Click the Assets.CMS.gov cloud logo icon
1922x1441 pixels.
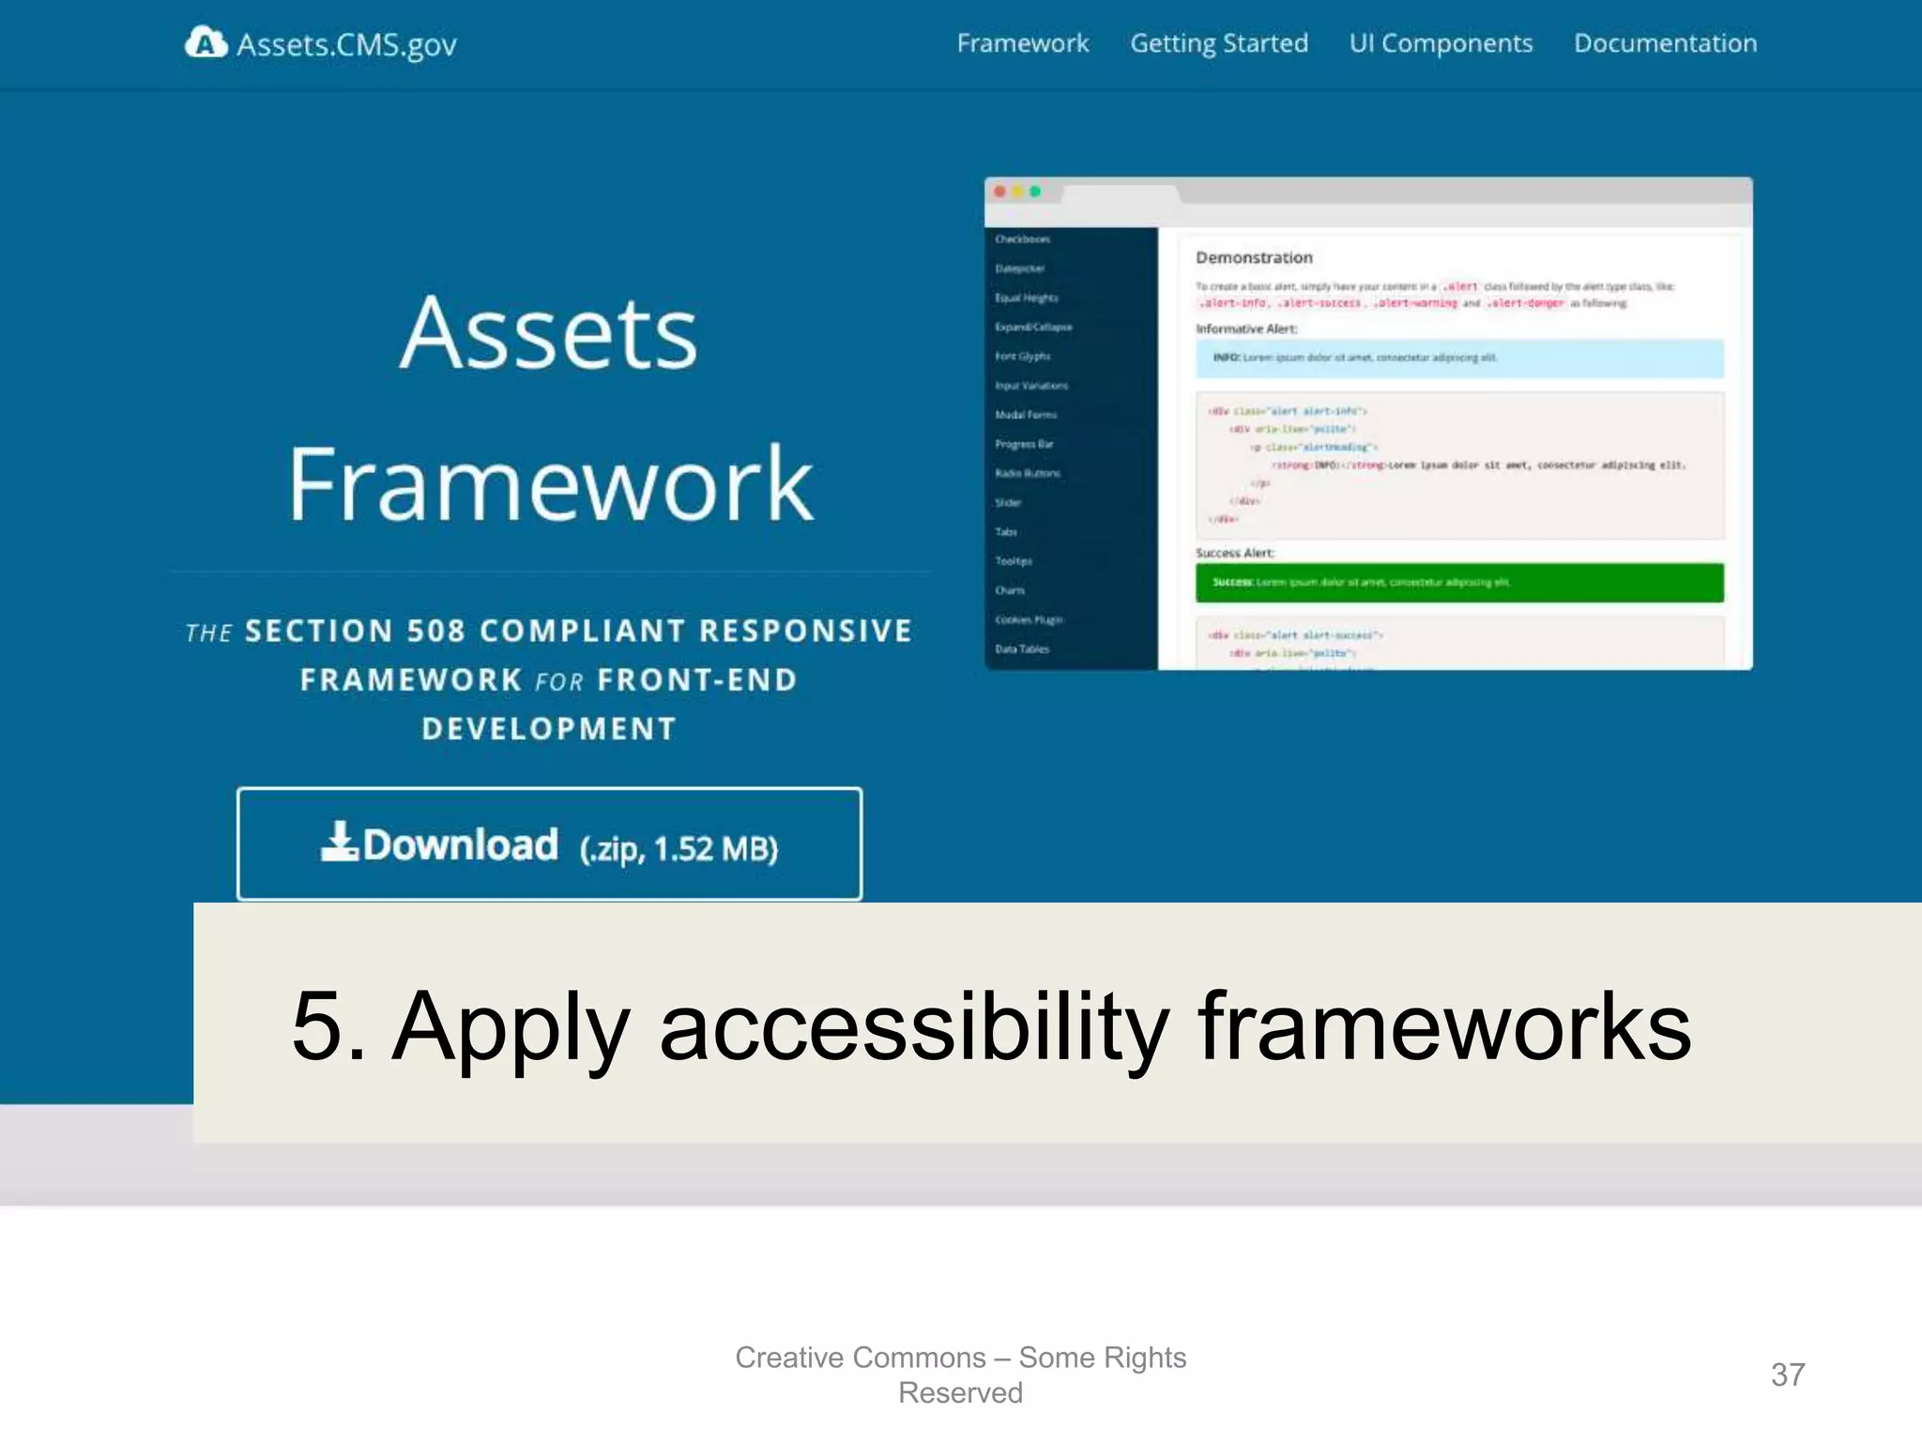206,42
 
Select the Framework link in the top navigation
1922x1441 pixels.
1022,43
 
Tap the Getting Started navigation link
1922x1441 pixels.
1218,43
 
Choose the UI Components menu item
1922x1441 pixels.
1441,43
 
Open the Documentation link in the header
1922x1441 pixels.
1665,43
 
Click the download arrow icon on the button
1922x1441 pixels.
339,842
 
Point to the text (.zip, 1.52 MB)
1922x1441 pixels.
679,848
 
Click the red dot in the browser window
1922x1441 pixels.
1000,191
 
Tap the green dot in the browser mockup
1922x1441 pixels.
1035,191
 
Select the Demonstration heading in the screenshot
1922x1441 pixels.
1254,257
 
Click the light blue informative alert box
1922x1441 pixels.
1458,358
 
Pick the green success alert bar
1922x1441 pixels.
1458,583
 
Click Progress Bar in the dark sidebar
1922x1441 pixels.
1024,444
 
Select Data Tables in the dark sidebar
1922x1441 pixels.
1022,649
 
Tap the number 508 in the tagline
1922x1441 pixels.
435,630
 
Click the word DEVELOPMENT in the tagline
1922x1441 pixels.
549,729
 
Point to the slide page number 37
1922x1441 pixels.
1787,1374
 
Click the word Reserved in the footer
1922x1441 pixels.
960,1393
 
